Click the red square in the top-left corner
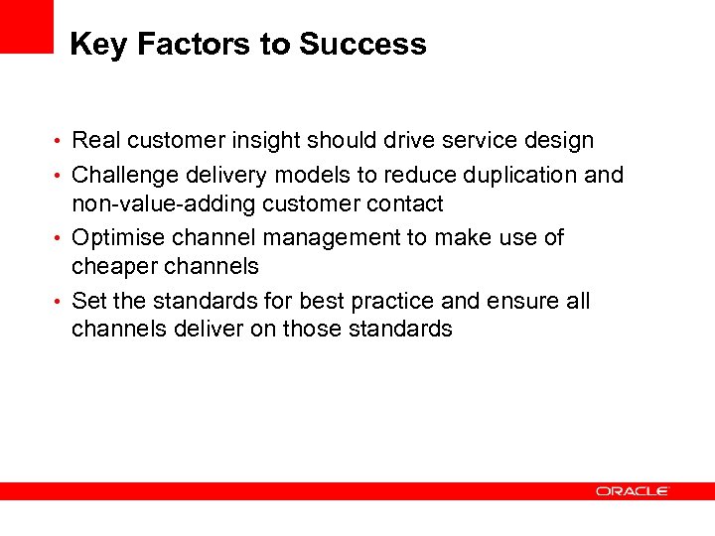(x=26, y=26)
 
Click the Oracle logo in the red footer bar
(x=633, y=491)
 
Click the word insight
(x=268, y=141)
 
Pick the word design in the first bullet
(x=559, y=141)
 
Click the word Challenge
(x=123, y=176)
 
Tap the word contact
(x=404, y=204)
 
